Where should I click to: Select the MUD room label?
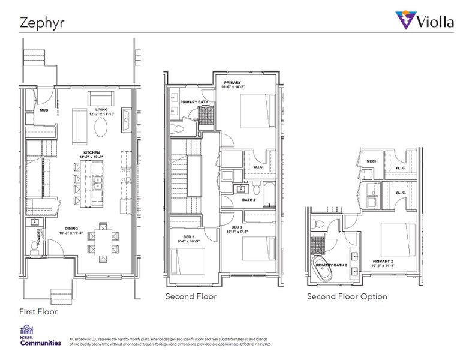[44, 111]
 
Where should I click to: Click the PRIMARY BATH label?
[194, 101]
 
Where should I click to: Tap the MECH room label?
[372, 161]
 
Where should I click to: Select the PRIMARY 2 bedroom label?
[383, 262]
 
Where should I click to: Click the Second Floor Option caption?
[347, 296]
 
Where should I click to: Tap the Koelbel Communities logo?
[41, 337]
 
